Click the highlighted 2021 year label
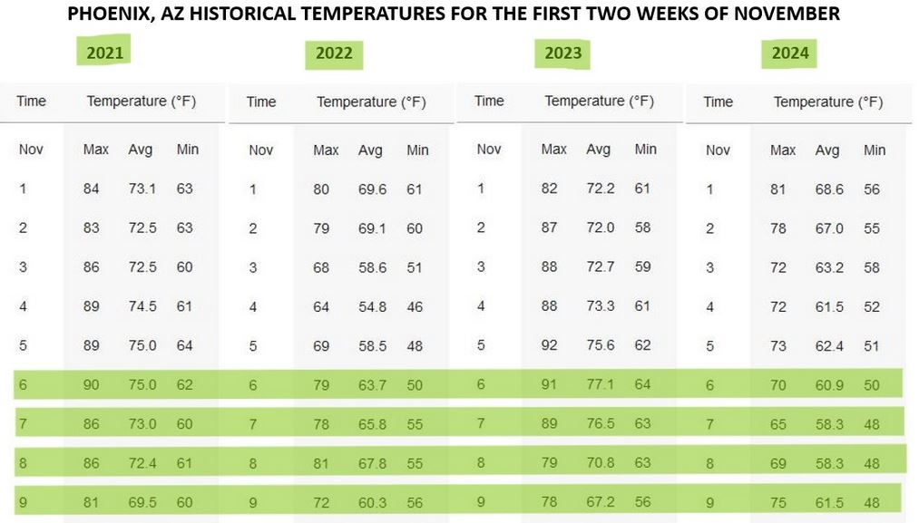click(105, 53)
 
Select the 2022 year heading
click(334, 53)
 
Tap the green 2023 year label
click(562, 53)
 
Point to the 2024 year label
click(790, 53)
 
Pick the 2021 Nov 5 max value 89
click(91, 345)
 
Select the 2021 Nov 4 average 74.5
click(142, 306)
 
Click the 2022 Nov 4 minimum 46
click(415, 307)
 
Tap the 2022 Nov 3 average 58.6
click(372, 267)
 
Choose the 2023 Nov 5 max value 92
click(549, 345)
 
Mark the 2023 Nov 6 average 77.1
click(601, 384)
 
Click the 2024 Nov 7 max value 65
click(777, 424)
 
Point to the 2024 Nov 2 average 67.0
click(829, 228)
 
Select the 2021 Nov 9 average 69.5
click(142, 502)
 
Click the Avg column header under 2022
click(370, 150)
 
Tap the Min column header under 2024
click(874, 150)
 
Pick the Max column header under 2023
click(553, 150)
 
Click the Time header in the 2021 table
click(31, 101)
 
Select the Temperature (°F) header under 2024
click(827, 102)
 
